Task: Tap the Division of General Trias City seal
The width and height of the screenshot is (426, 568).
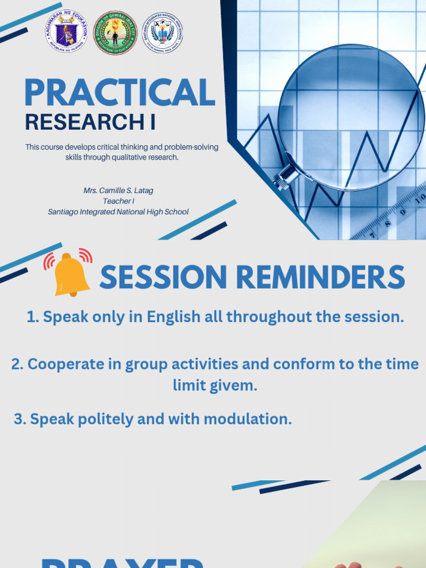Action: [x=115, y=33]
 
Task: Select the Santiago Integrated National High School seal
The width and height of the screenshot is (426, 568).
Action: [x=163, y=33]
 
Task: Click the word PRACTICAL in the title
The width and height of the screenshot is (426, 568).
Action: [x=119, y=93]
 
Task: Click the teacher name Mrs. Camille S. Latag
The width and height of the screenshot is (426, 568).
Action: [x=118, y=190]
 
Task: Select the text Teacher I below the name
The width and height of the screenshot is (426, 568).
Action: [x=118, y=201]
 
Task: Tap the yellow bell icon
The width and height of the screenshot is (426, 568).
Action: [x=70, y=275]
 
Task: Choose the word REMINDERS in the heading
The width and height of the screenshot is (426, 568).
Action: [x=318, y=277]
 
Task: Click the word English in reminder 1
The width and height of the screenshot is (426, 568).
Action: [x=173, y=317]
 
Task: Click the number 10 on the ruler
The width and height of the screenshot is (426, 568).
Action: [x=420, y=197]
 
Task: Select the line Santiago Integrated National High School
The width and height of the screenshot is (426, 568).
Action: [x=118, y=211]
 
